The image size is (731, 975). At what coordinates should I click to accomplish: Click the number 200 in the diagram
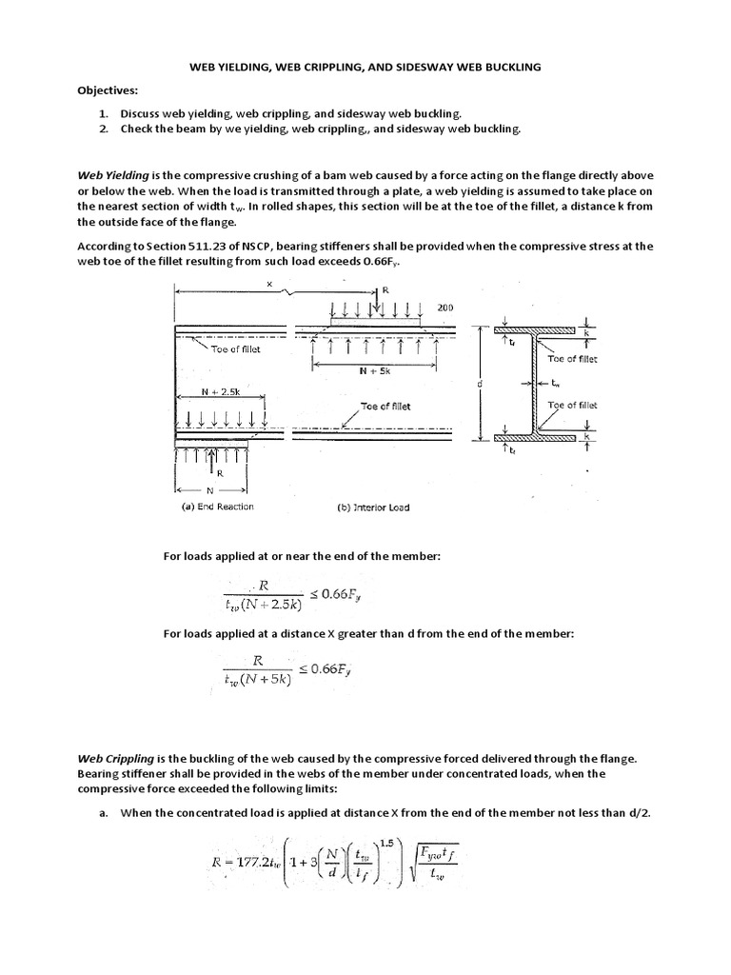[x=445, y=308]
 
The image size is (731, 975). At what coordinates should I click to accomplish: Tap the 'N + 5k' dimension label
[x=374, y=372]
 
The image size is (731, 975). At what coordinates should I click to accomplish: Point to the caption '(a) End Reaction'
[x=218, y=507]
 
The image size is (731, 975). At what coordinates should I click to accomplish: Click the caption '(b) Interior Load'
[x=373, y=507]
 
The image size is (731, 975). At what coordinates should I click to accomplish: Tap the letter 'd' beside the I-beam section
[x=476, y=384]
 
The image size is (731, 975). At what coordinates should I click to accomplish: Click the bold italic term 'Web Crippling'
[x=114, y=758]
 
